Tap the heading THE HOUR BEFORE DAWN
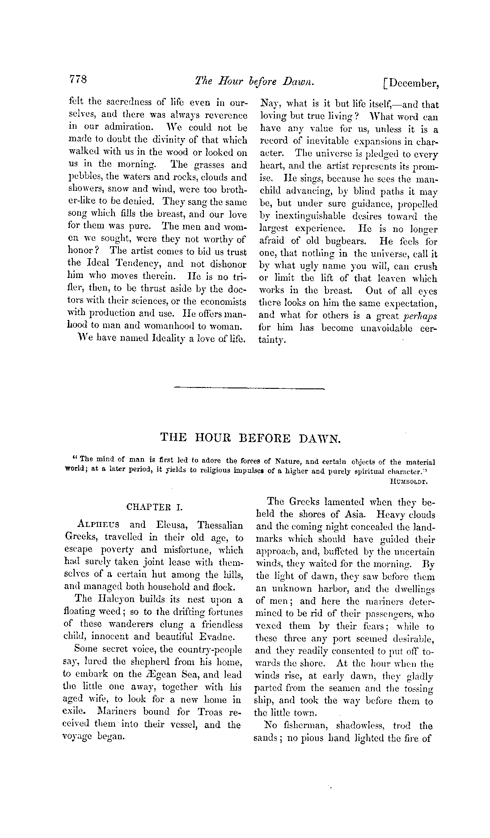pyautogui.click(x=250, y=438)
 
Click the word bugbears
pyautogui.click(x=343, y=241)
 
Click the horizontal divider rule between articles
pyautogui.click(x=249, y=387)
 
